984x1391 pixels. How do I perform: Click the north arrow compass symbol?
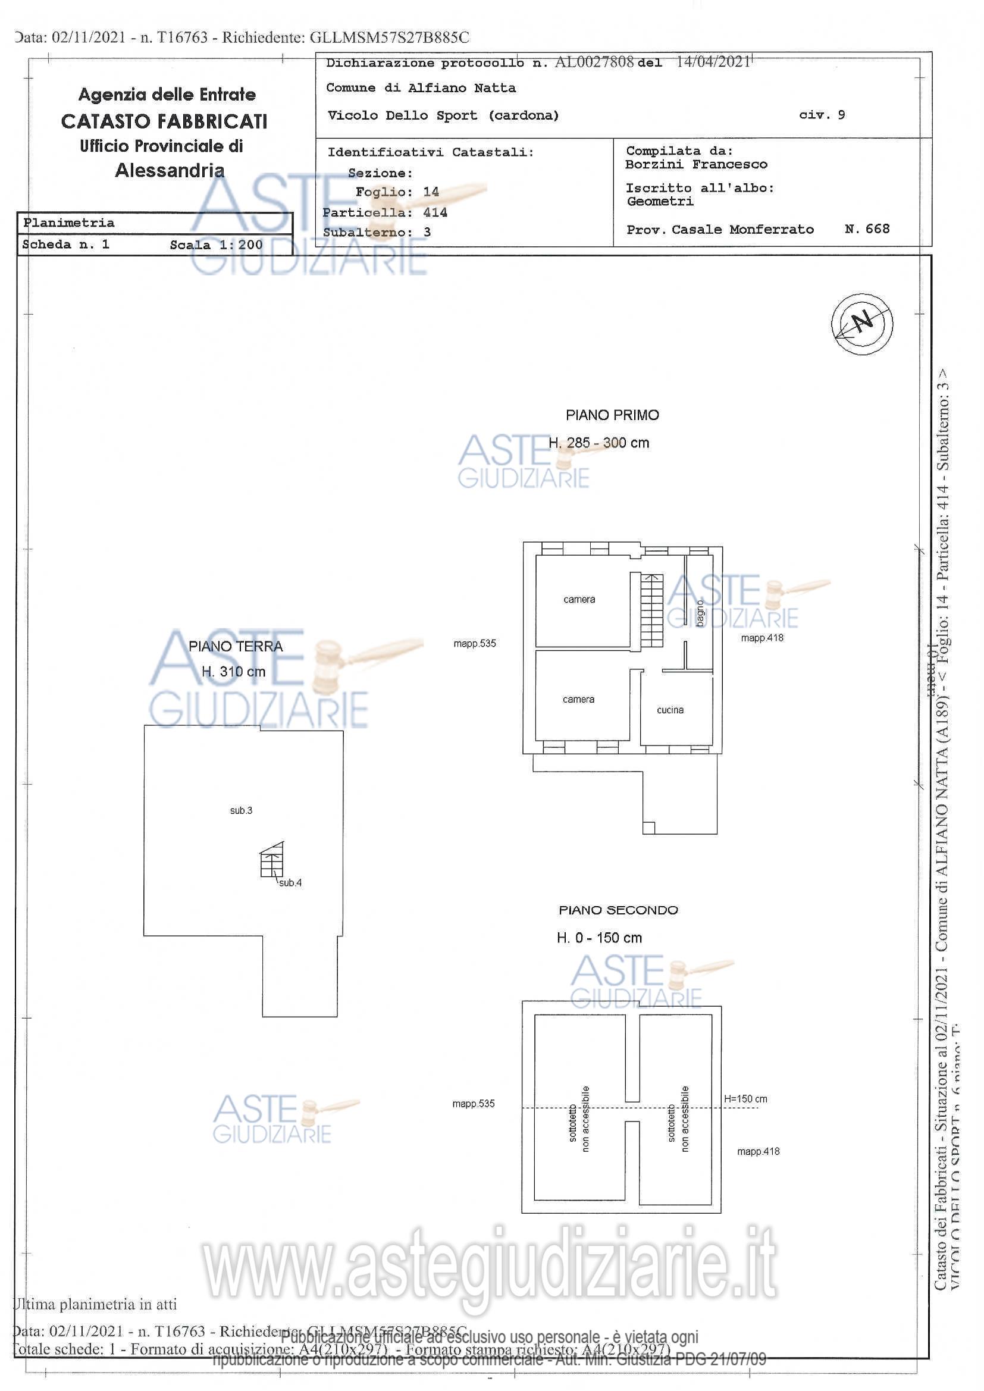[861, 323]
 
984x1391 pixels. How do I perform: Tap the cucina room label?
[669, 710]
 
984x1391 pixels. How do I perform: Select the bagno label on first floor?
[700, 613]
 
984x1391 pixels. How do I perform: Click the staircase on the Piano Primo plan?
[651, 610]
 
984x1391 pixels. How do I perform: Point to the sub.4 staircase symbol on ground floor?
[272, 860]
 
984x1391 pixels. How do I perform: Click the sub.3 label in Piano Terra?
[241, 810]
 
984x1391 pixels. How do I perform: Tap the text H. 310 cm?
[233, 671]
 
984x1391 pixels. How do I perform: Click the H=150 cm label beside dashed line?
[745, 1099]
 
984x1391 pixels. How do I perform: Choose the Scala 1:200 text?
[216, 245]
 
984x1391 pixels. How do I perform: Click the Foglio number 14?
[431, 192]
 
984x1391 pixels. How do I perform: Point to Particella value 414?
[435, 212]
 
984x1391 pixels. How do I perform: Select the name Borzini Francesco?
[695, 165]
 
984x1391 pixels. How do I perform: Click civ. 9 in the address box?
[822, 115]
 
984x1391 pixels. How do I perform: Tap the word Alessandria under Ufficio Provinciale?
[170, 171]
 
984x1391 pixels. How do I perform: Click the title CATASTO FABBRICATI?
[164, 122]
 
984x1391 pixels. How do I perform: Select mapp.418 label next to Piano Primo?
[761, 638]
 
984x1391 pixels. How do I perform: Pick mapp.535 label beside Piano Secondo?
[473, 1104]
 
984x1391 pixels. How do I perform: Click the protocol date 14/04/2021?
[713, 62]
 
